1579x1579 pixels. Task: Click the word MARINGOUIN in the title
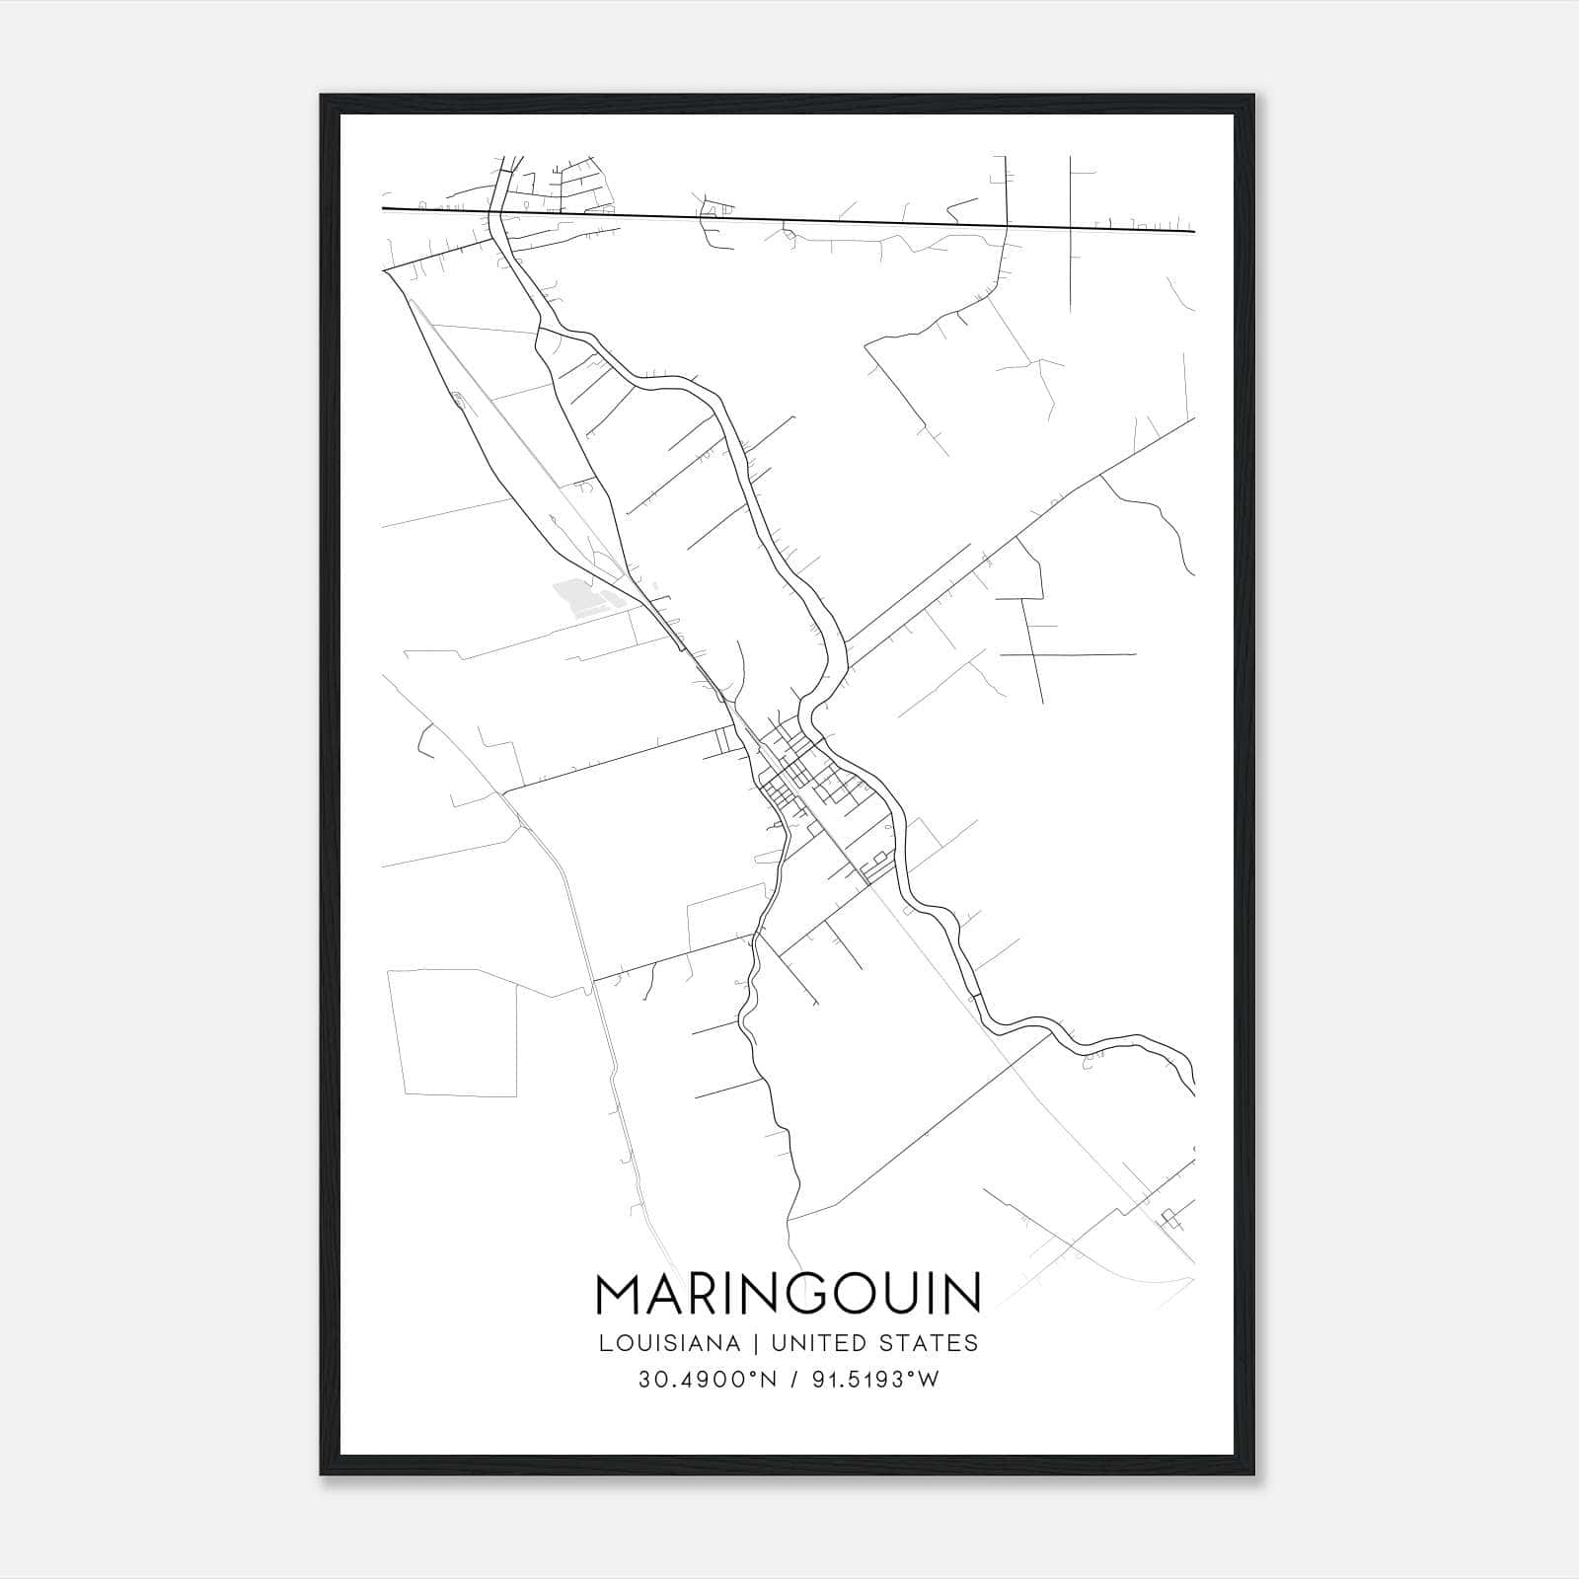point(788,1294)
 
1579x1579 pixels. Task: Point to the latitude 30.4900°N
point(710,1380)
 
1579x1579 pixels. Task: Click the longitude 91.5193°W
point(873,1380)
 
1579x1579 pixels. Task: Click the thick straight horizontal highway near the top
point(789,220)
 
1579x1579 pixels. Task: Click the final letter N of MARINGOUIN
point(962,1294)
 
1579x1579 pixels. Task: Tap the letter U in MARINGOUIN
point(903,1294)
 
